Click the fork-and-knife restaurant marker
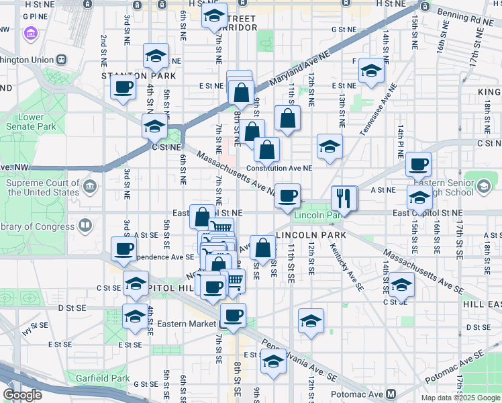point(344,196)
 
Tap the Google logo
point(23,395)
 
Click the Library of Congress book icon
point(85,226)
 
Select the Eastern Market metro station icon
point(222,324)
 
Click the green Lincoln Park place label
point(319,215)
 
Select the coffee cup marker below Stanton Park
point(123,87)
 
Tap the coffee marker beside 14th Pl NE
point(418,163)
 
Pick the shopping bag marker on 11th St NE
point(287,118)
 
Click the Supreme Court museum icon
point(89,185)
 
